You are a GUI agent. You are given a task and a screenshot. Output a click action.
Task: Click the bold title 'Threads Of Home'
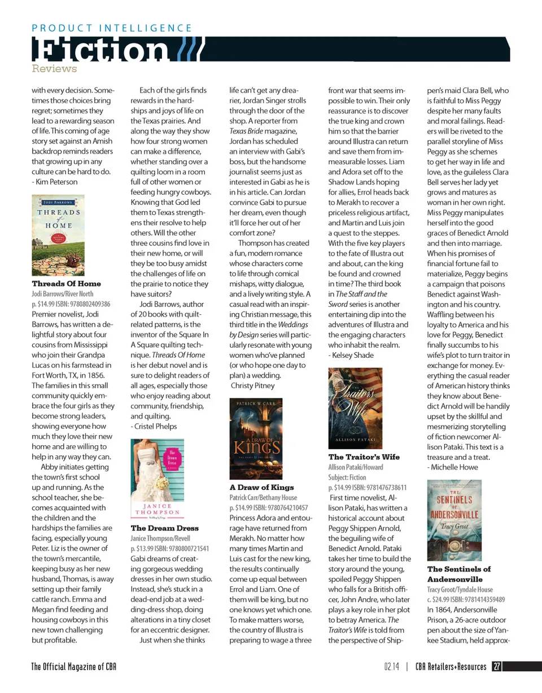click(x=67, y=283)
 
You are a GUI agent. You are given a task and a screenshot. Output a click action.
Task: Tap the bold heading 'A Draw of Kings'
click(x=261, y=486)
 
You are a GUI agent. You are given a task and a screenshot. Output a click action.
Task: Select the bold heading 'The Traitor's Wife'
click(x=364, y=456)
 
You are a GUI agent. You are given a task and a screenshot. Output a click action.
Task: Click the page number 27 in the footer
click(x=496, y=666)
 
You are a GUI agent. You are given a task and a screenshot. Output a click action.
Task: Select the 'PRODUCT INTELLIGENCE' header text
click(x=111, y=28)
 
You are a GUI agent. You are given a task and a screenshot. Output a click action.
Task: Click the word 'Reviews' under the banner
click(x=54, y=69)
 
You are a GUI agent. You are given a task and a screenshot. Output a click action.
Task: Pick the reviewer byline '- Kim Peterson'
click(x=55, y=182)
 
